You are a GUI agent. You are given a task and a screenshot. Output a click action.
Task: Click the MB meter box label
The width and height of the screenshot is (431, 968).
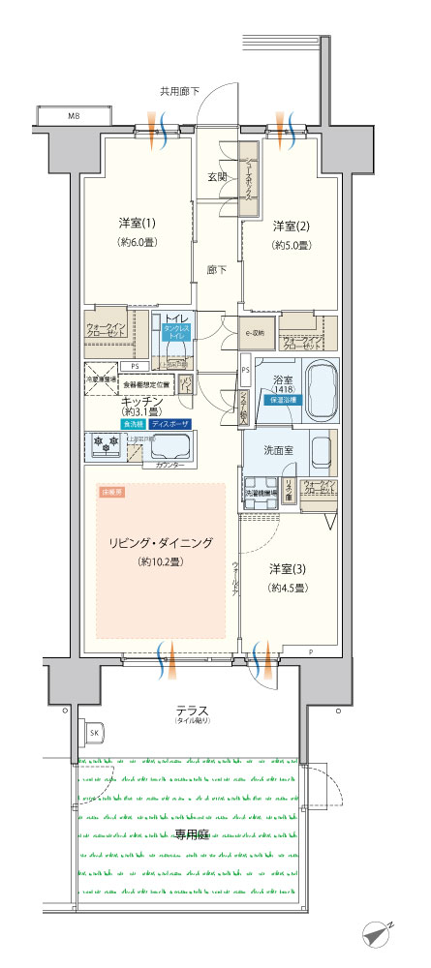[x=74, y=116]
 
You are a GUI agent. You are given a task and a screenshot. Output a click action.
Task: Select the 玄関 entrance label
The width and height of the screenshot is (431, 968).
[x=216, y=177]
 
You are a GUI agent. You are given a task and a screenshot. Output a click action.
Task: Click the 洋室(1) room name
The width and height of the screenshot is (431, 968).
[x=133, y=223]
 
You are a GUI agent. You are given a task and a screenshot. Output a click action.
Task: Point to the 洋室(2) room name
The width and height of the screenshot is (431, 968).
[x=290, y=226]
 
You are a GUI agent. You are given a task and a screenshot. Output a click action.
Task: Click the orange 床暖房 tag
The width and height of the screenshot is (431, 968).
[x=112, y=493]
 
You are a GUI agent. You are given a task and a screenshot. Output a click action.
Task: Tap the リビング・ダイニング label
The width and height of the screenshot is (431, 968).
[x=161, y=542]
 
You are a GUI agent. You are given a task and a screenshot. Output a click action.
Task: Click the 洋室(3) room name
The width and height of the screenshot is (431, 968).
[x=288, y=569]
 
